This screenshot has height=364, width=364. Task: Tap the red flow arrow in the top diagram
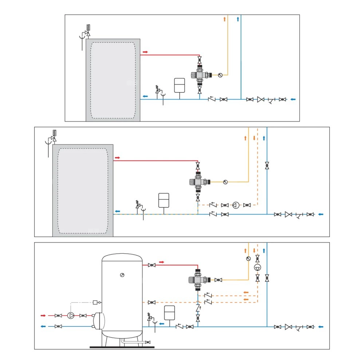tap(145, 52)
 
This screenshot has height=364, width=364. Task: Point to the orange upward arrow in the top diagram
tap(225, 19)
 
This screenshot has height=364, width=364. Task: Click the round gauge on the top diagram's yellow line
tap(220, 75)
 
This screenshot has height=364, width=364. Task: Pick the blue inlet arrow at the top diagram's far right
tap(293, 99)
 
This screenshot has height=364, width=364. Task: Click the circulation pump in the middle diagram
tap(236, 205)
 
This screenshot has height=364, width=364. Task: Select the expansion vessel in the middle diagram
tap(163, 200)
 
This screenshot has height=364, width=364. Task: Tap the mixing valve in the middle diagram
tap(198, 181)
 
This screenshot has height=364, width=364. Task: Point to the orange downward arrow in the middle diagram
tap(254, 138)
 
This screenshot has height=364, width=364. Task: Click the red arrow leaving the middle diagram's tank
tap(117, 158)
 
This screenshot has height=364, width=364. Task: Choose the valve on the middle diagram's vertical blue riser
tap(267, 166)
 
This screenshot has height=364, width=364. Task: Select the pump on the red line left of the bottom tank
tap(71, 315)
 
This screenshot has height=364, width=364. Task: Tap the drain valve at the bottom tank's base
tap(147, 342)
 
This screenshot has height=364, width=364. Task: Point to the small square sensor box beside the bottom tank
tap(95, 302)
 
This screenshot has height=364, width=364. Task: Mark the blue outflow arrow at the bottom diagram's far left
tap(43, 327)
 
